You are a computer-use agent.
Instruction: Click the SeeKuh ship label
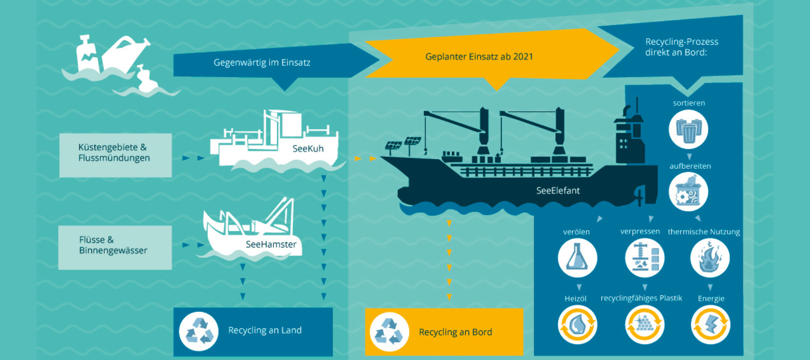(308, 148)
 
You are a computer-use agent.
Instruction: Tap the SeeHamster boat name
(271, 244)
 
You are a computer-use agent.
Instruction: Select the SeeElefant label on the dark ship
(558, 190)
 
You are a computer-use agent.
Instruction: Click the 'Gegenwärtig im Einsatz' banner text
(262, 63)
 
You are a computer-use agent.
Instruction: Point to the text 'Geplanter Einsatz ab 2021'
(479, 57)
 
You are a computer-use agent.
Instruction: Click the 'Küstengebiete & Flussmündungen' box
(115, 154)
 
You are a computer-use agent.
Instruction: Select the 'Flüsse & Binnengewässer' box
(115, 247)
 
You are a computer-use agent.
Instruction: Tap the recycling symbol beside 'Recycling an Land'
(199, 331)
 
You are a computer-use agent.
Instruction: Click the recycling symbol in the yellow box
(389, 332)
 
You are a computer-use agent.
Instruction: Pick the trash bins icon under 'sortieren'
(688, 130)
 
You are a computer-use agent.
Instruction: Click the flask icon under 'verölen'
(577, 258)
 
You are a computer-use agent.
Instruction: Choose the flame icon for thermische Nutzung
(710, 258)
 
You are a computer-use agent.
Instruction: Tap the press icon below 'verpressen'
(644, 258)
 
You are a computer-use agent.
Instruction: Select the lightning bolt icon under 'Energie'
(710, 324)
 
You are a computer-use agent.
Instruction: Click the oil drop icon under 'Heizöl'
(577, 324)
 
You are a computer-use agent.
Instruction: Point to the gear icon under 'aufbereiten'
(688, 192)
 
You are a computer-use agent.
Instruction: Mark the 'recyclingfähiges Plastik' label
(641, 298)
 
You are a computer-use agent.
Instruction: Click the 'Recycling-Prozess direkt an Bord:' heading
(681, 47)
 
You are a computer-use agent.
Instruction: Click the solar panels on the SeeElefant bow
(403, 144)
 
